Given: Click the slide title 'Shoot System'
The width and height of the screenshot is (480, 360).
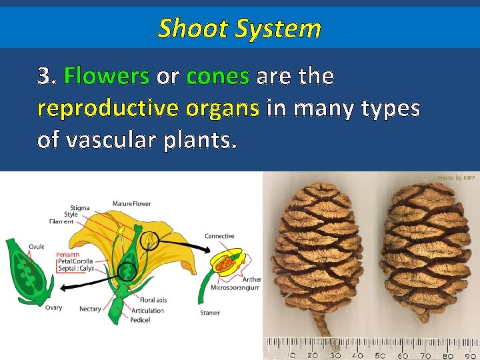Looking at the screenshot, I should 239,29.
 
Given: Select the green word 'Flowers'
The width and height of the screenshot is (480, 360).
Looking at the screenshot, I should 106,77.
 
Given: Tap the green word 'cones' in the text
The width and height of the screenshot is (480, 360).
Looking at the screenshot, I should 218,77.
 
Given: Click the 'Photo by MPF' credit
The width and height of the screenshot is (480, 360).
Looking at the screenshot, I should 456,178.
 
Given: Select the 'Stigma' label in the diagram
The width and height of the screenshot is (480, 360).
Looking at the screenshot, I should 79,208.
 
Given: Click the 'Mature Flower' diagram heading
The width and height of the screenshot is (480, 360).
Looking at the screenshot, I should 132,203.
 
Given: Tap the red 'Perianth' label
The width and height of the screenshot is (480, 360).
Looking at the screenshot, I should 68,254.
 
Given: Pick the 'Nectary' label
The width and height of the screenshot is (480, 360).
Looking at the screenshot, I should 90,309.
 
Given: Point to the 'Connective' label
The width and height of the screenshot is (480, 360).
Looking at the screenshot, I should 219,236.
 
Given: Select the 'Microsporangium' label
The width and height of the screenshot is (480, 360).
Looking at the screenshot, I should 230,288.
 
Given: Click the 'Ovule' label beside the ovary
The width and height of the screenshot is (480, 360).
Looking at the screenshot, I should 37,246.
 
